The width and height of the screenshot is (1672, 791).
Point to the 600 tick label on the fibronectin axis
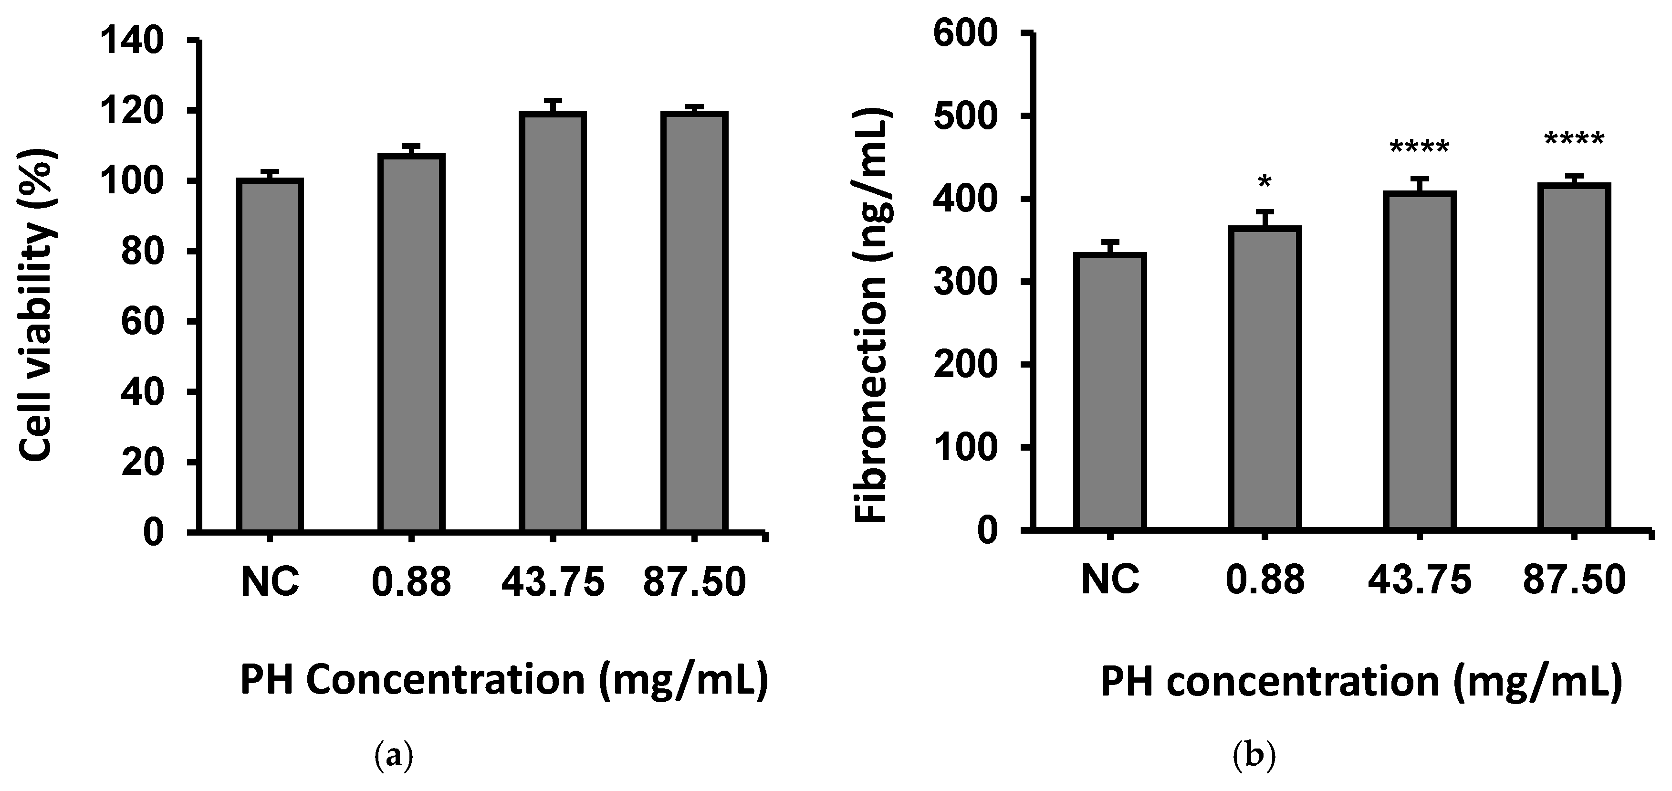pos(965,34)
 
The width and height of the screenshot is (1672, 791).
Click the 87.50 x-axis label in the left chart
pos(694,582)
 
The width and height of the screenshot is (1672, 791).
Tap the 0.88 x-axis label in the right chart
pos(1264,580)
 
